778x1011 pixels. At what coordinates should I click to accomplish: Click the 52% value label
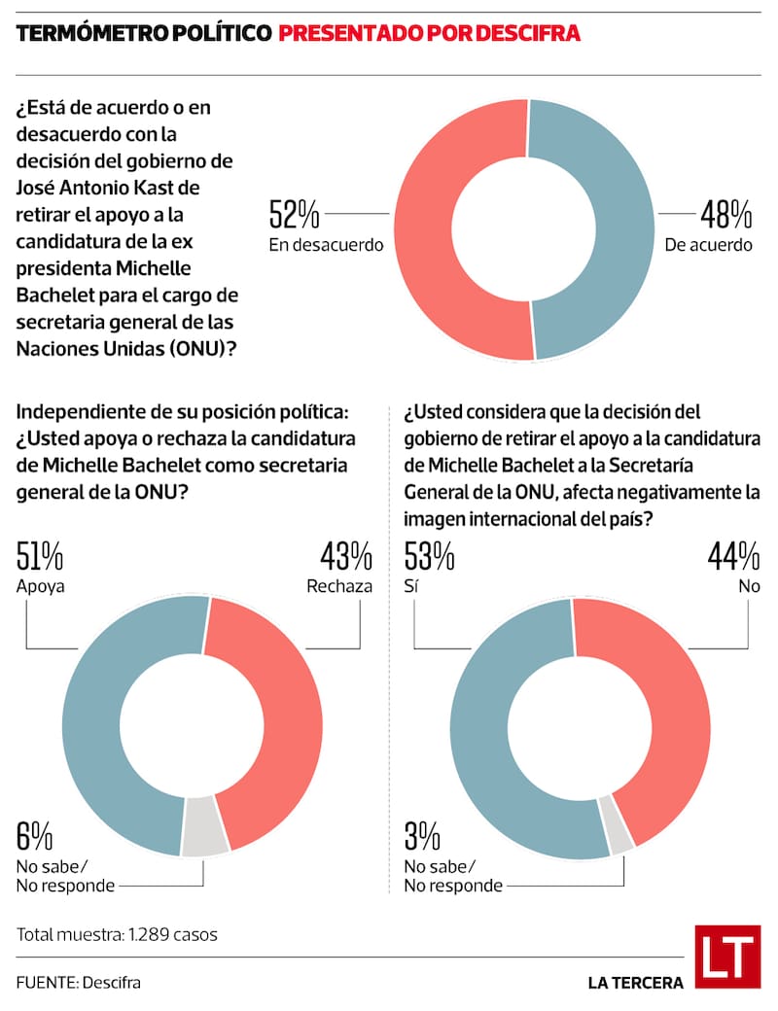click(x=294, y=213)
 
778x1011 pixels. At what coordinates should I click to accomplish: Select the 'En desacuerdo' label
click(x=326, y=245)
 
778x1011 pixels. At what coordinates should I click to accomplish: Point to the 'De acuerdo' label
click(x=709, y=245)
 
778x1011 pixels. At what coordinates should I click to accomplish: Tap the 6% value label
click(x=34, y=837)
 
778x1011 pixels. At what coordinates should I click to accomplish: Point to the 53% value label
click(x=429, y=557)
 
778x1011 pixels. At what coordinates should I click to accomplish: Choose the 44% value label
click(x=734, y=557)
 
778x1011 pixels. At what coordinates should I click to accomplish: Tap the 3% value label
click(x=423, y=837)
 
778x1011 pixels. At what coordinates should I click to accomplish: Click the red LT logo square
click(x=727, y=957)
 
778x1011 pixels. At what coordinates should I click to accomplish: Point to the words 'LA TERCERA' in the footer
click(x=635, y=983)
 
